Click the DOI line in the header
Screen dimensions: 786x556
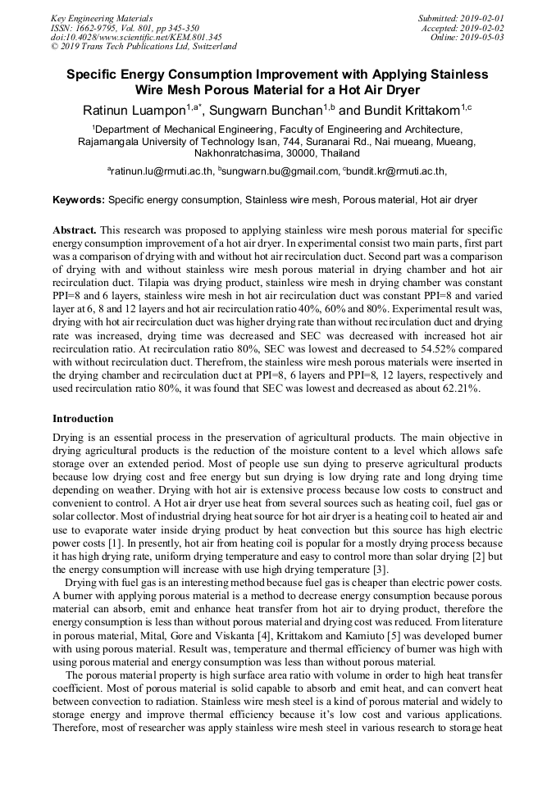pyautogui.click(x=136, y=37)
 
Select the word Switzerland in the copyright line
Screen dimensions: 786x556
pyautogui.click(x=208, y=47)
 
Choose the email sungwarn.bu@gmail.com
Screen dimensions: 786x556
pyautogui.click(x=280, y=171)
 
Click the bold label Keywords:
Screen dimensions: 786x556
pyautogui.click(x=79, y=200)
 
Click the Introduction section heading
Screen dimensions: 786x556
pyautogui.click(x=83, y=419)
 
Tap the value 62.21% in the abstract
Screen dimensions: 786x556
pyautogui.click(x=458, y=388)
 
